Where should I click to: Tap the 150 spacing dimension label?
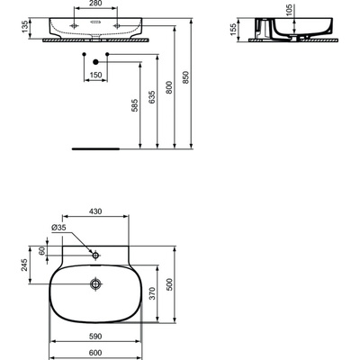94,76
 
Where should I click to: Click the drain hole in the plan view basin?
94,285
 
